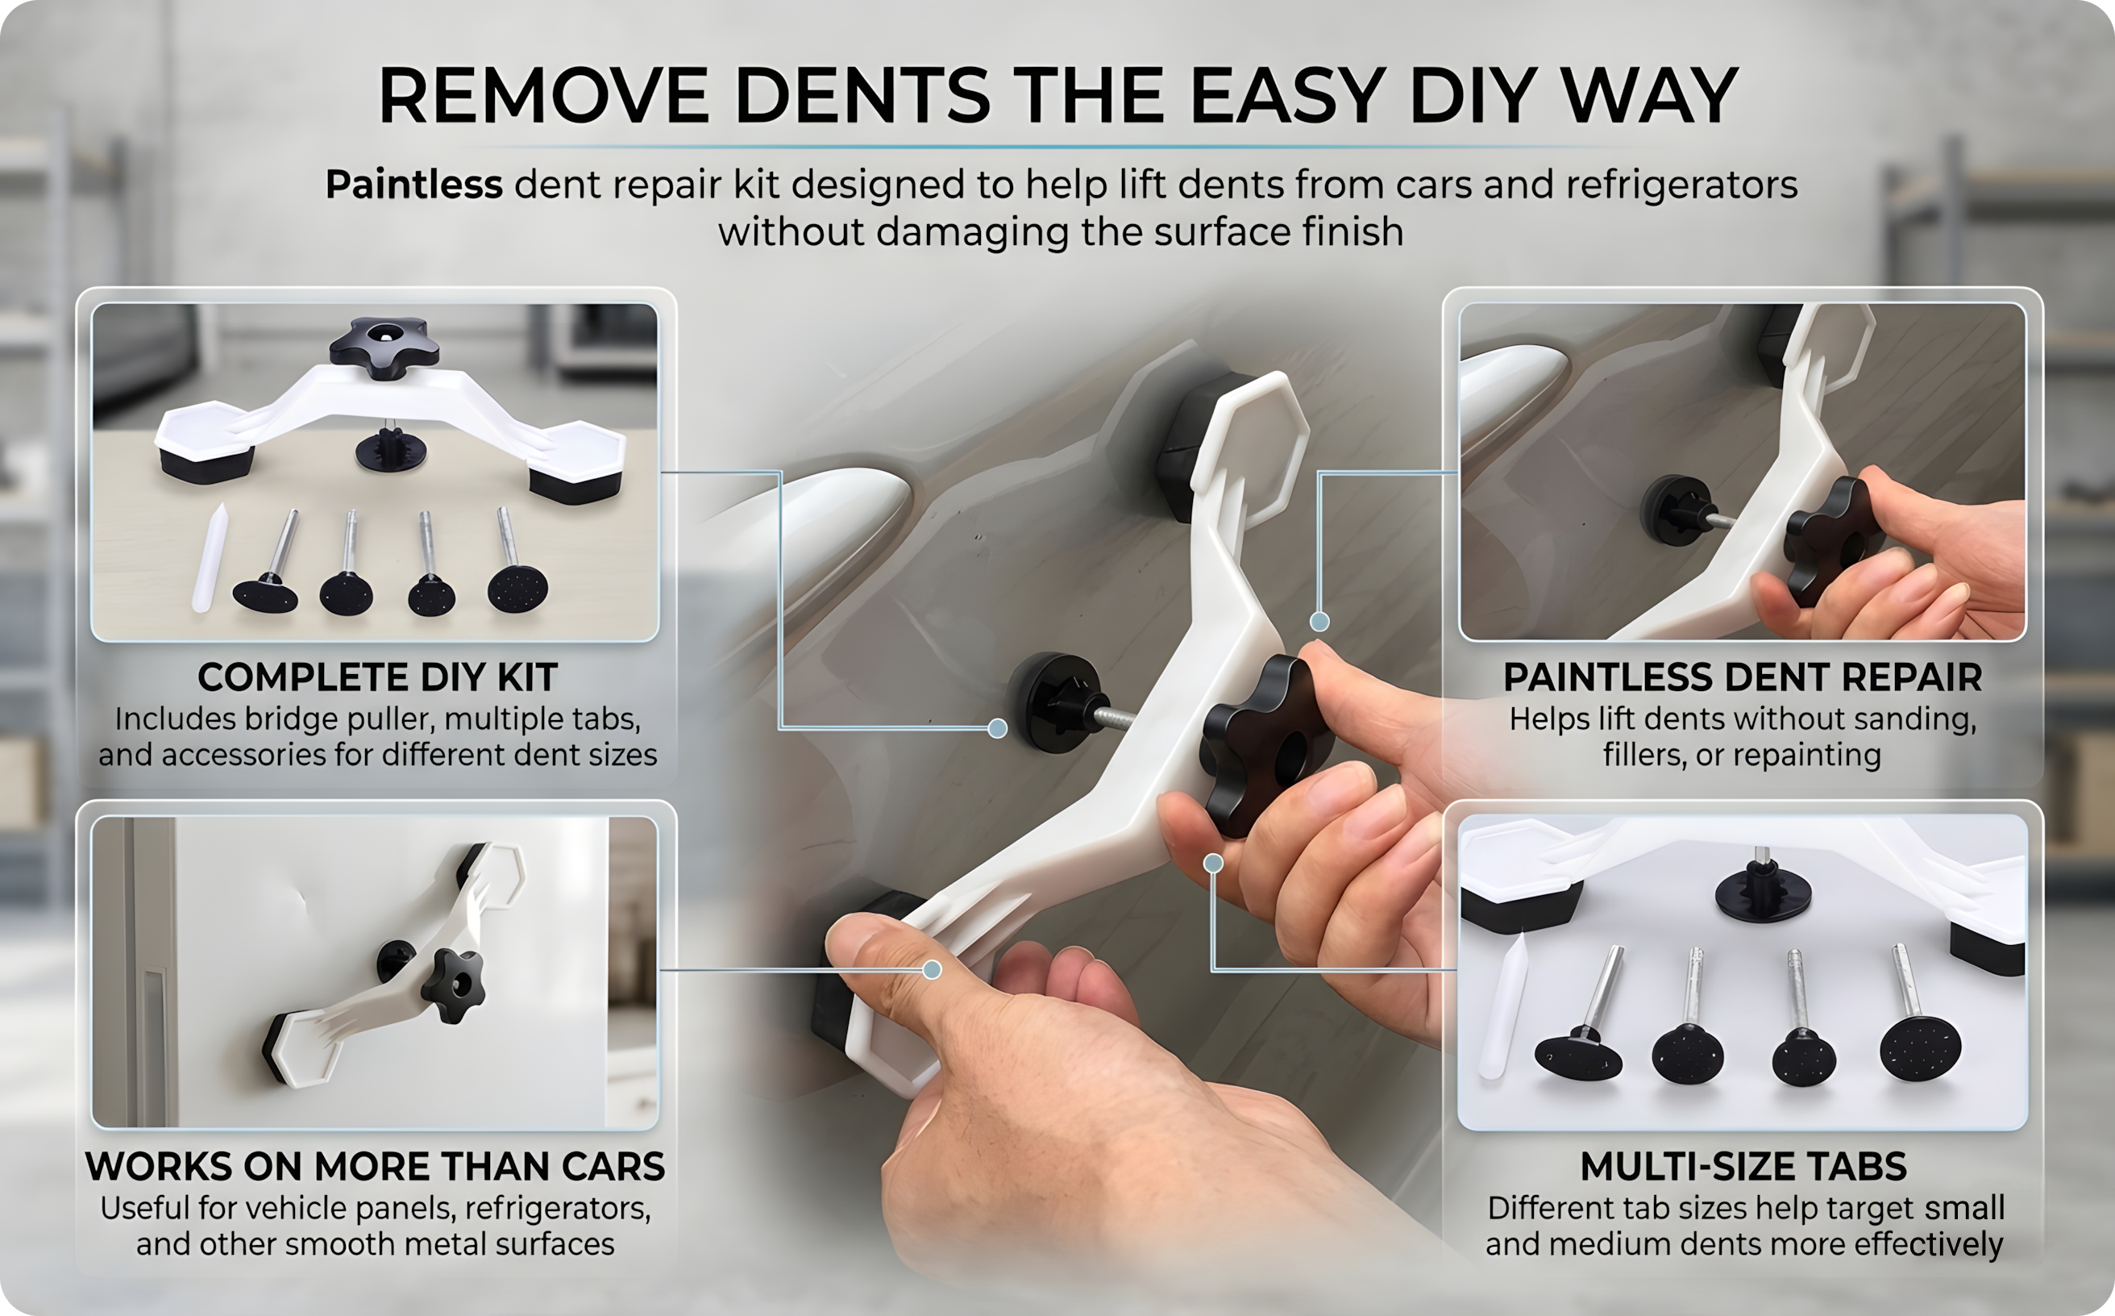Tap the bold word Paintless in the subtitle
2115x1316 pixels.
click(x=413, y=185)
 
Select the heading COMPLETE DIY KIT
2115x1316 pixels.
click(x=376, y=677)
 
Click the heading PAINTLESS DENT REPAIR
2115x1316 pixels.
click(x=1743, y=677)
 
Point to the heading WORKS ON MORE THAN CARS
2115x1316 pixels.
click(x=375, y=1166)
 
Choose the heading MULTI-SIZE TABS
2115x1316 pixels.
click(x=1743, y=1166)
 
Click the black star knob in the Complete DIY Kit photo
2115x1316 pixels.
click(x=384, y=348)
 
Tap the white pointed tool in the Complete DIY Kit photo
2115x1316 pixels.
click(x=210, y=558)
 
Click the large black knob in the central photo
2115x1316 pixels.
click(x=1266, y=744)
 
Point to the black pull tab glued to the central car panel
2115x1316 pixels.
click(x=1054, y=702)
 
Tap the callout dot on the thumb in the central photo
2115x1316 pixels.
click(x=932, y=969)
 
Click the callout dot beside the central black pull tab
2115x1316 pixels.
click(x=998, y=728)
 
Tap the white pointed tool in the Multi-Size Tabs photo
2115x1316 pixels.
click(x=1503, y=1006)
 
